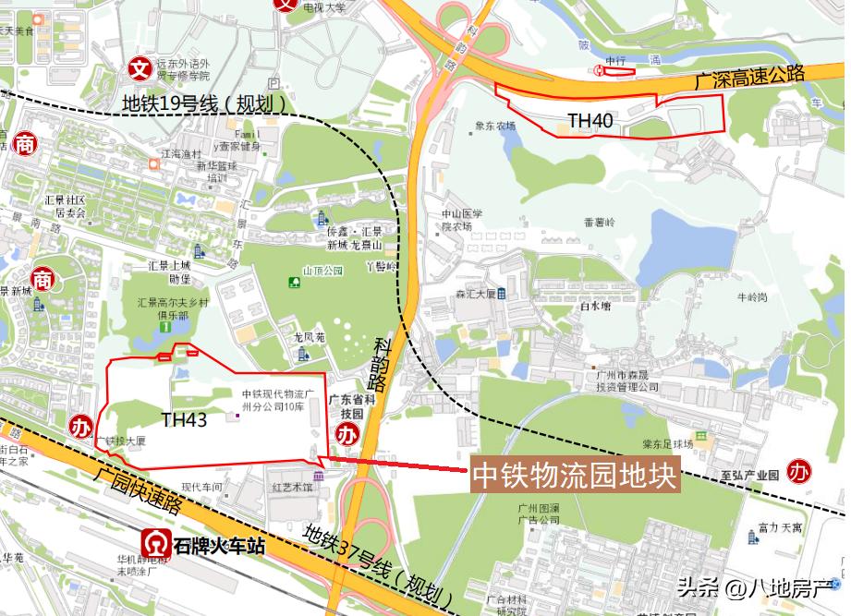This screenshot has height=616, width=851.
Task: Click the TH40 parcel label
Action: (x=590, y=120)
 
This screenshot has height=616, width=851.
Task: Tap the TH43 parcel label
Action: (x=184, y=420)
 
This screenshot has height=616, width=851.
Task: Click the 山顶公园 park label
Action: (x=323, y=271)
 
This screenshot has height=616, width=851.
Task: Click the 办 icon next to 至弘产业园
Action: (x=797, y=471)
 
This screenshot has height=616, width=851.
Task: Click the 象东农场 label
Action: (x=494, y=127)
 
